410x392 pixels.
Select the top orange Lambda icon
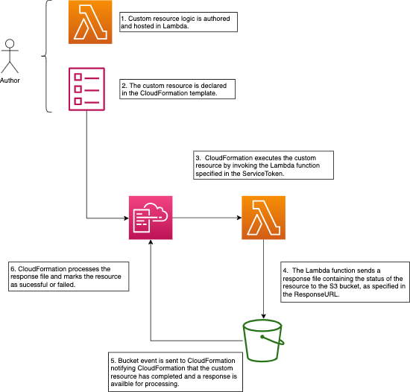[x=90, y=23]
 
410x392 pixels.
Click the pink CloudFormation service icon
[x=151, y=218]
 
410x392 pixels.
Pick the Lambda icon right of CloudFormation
[x=263, y=218]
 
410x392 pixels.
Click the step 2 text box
[x=177, y=89]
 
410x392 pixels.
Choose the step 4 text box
[x=344, y=282]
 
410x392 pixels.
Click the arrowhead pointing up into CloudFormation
[x=151, y=245]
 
